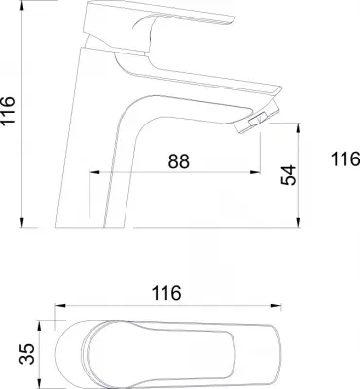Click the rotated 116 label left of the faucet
coord(8,109)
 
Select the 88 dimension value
coord(178,161)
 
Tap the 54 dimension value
coord(289,175)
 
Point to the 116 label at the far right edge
coord(345,159)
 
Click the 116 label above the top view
coord(166,293)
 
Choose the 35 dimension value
coord(27,354)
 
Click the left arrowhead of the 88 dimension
coord(94,172)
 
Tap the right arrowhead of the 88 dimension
coord(255,172)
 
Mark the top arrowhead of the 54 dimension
coord(298,127)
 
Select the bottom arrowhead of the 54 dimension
coord(298,222)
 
